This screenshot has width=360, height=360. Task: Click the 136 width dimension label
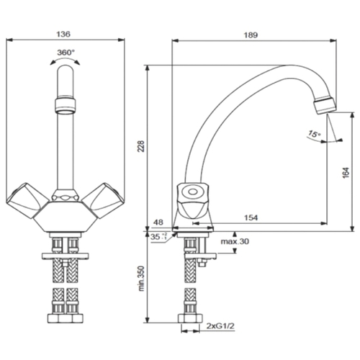coord(63,34)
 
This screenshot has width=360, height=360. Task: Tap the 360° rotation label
coord(66,52)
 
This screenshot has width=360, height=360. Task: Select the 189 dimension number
coord(251,35)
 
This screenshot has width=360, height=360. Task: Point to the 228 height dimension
coord(141,146)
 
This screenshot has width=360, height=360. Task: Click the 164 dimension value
coord(346,173)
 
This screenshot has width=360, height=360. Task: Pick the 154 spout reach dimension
coord(251,217)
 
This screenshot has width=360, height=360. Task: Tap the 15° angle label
coord(315,134)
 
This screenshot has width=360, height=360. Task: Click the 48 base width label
coord(158,222)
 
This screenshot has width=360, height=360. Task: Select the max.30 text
coord(235,241)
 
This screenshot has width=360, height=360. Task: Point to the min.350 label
coord(142,279)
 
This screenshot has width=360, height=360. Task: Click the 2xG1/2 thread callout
coord(220,326)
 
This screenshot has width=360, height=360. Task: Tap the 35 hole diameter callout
coord(158,237)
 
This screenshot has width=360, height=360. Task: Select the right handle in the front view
coord(104,200)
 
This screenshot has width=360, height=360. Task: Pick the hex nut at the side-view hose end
coord(190,318)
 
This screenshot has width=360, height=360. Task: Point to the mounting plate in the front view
coord(66,256)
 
